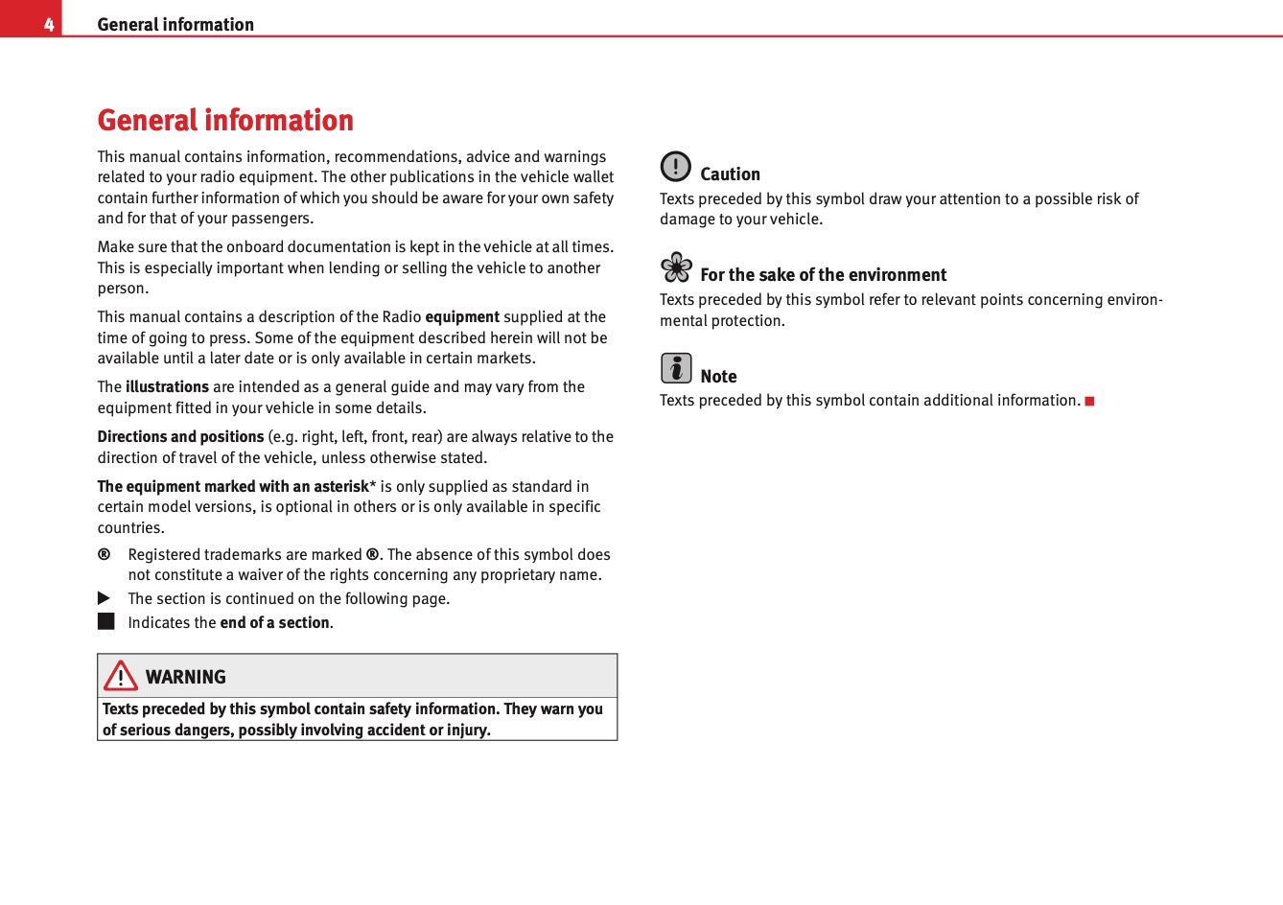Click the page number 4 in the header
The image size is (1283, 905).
[x=49, y=25]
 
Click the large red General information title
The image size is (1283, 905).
[x=225, y=120]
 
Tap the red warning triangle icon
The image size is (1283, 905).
[x=121, y=676]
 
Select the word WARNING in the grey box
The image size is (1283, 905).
[x=186, y=677]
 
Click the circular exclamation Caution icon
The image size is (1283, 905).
[x=675, y=167]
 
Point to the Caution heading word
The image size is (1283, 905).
[x=730, y=174]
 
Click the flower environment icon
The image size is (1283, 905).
[x=676, y=267]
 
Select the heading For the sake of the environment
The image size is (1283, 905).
[x=823, y=275]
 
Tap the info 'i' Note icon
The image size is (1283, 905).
[x=676, y=368]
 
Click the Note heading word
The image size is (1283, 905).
[x=718, y=377]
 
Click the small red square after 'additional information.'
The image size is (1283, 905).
[x=1089, y=401]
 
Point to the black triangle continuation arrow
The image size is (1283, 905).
[x=105, y=598]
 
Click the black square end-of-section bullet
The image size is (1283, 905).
[x=105, y=621]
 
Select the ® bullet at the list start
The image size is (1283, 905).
[x=104, y=554]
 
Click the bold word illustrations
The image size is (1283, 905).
[x=167, y=387]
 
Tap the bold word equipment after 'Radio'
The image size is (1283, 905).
[x=462, y=317]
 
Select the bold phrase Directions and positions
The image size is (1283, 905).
[x=180, y=437]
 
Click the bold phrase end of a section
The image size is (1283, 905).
[x=274, y=623]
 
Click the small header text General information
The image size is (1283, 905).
[x=175, y=25]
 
